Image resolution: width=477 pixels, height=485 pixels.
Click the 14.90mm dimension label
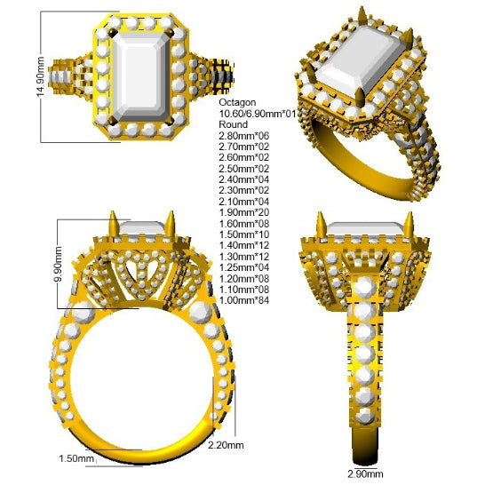(41, 76)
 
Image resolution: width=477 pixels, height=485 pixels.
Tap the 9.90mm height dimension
(58, 264)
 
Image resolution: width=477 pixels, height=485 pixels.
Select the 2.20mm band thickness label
(226, 445)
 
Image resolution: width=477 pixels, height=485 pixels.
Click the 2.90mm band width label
(365, 473)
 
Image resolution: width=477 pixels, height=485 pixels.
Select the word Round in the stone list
(234, 124)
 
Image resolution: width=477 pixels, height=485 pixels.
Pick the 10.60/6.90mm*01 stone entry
(258, 114)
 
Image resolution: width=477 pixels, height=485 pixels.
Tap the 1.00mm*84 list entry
(243, 300)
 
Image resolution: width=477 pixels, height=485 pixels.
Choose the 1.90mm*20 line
(243, 212)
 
